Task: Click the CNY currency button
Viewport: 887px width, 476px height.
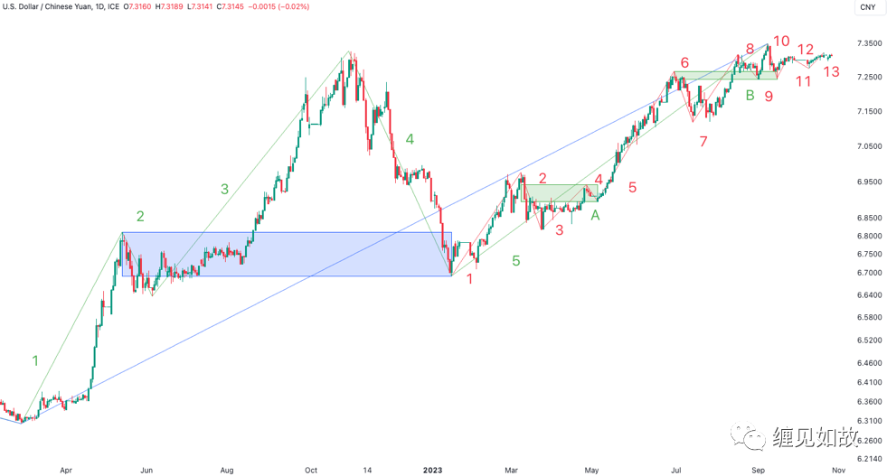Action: pyautogui.click(x=867, y=7)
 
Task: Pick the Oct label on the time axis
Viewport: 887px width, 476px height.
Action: pyautogui.click(x=311, y=470)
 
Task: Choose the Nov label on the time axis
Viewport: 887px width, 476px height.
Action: pyautogui.click(x=838, y=470)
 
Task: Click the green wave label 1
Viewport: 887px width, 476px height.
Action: pyautogui.click(x=35, y=361)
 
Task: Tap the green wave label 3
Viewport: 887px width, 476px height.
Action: pyautogui.click(x=224, y=189)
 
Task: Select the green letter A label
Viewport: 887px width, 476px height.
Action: pyautogui.click(x=595, y=215)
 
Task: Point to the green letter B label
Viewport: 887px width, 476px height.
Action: pyautogui.click(x=750, y=95)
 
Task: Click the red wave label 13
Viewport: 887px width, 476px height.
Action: pyautogui.click(x=832, y=71)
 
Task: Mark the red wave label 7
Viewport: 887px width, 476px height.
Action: pyautogui.click(x=703, y=142)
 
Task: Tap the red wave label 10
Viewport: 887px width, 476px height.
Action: pyautogui.click(x=781, y=42)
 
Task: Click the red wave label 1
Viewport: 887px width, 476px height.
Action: pyautogui.click(x=469, y=279)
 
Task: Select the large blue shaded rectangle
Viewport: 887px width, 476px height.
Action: pyautogui.click(x=286, y=254)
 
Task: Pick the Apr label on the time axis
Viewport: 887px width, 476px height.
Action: pyautogui.click(x=65, y=470)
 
